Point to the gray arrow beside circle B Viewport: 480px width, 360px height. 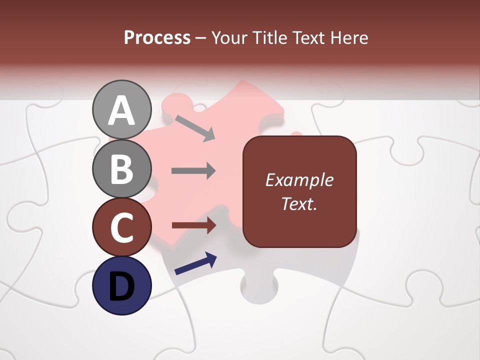click(x=193, y=170)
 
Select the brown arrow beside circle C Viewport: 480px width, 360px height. click(x=193, y=225)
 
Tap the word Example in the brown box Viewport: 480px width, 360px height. click(x=299, y=180)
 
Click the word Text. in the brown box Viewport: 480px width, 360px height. click(x=299, y=203)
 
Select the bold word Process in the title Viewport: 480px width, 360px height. click(x=157, y=37)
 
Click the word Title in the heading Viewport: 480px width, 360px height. click(x=270, y=37)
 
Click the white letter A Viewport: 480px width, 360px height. click(x=121, y=110)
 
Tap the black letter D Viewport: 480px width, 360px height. click(x=121, y=286)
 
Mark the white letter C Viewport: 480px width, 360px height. click(x=121, y=227)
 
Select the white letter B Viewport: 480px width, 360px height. click(x=121, y=169)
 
